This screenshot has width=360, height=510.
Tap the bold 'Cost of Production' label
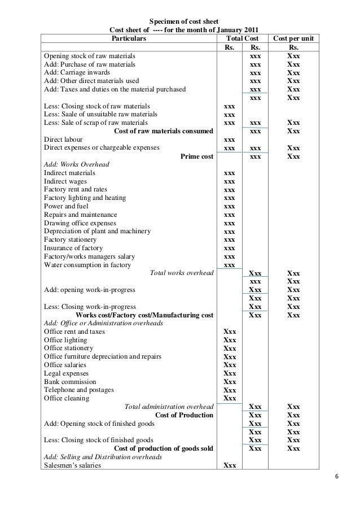click(184, 415)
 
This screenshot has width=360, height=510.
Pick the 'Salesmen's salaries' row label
click(72, 466)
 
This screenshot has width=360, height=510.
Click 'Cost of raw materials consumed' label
click(163, 131)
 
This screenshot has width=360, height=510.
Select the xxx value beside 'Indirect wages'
click(230, 181)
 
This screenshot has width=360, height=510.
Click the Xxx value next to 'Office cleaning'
click(230, 398)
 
